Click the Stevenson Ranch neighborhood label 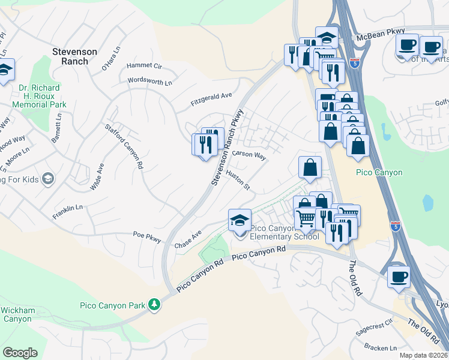click(74, 56)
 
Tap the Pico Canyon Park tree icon click(155, 304)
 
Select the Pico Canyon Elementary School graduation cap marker click(240, 220)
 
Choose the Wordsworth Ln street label click(149, 80)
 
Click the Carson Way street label click(249, 154)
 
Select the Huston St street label click(238, 179)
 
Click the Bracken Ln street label click(381, 347)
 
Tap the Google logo click(20, 352)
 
